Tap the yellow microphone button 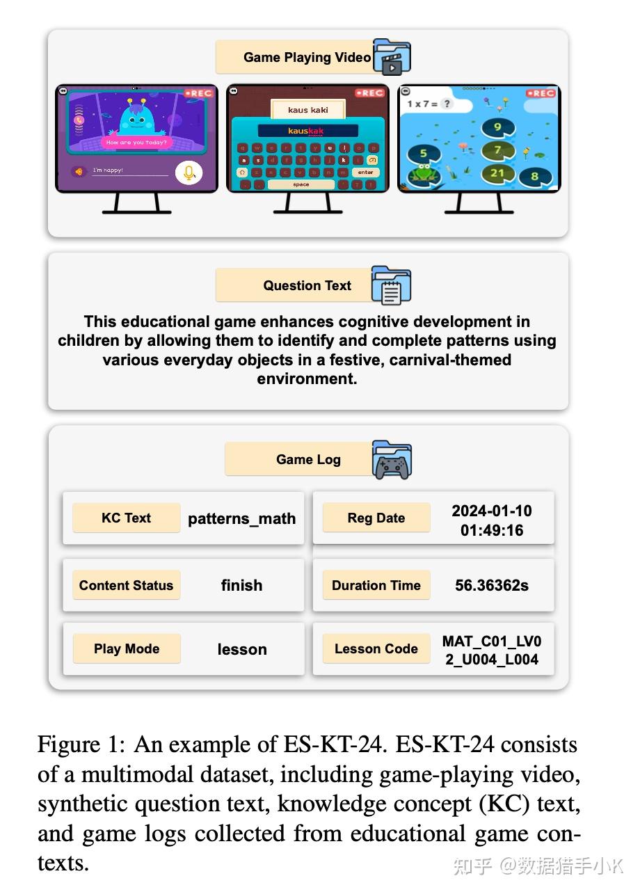188,173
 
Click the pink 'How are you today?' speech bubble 136,142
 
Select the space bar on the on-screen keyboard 301,184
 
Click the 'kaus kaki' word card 307,110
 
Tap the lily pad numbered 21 497,173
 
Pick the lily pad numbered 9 497,127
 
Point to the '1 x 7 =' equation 422,103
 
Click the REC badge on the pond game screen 542,93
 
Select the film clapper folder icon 392,57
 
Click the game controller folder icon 392,460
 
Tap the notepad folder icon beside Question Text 391,285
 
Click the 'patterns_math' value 241,518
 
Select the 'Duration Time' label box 376,585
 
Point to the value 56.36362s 492,585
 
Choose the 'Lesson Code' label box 376,648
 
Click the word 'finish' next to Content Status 241,585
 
